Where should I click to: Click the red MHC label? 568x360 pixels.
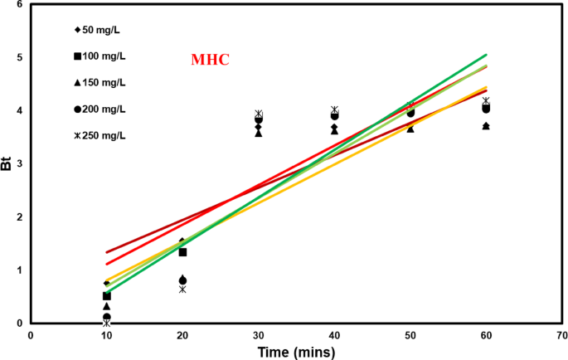[x=210, y=61]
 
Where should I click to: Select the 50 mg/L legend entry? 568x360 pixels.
[x=104, y=30]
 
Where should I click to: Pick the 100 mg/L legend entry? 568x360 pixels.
[x=104, y=56]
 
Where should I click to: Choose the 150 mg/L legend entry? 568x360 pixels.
[x=104, y=82]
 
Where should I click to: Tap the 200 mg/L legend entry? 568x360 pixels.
[x=104, y=109]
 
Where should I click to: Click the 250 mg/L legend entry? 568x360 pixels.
[x=104, y=135]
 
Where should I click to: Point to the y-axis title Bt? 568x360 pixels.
[x=7, y=163]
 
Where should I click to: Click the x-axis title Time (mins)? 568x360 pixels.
[x=297, y=352]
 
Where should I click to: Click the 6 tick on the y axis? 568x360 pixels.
[x=18, y=5]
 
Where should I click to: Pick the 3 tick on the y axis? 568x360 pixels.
[x=18, y=164]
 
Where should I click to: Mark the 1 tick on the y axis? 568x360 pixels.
[x=18, y=270]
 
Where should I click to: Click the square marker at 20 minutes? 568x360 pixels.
[x=182, y=252]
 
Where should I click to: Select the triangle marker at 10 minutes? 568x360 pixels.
[x=106, y=306]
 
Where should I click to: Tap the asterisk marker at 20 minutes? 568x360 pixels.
[x=182, y=289]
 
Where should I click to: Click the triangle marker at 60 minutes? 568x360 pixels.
[x=486, y=125]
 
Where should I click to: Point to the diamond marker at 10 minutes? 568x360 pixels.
[x=106, y=284]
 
